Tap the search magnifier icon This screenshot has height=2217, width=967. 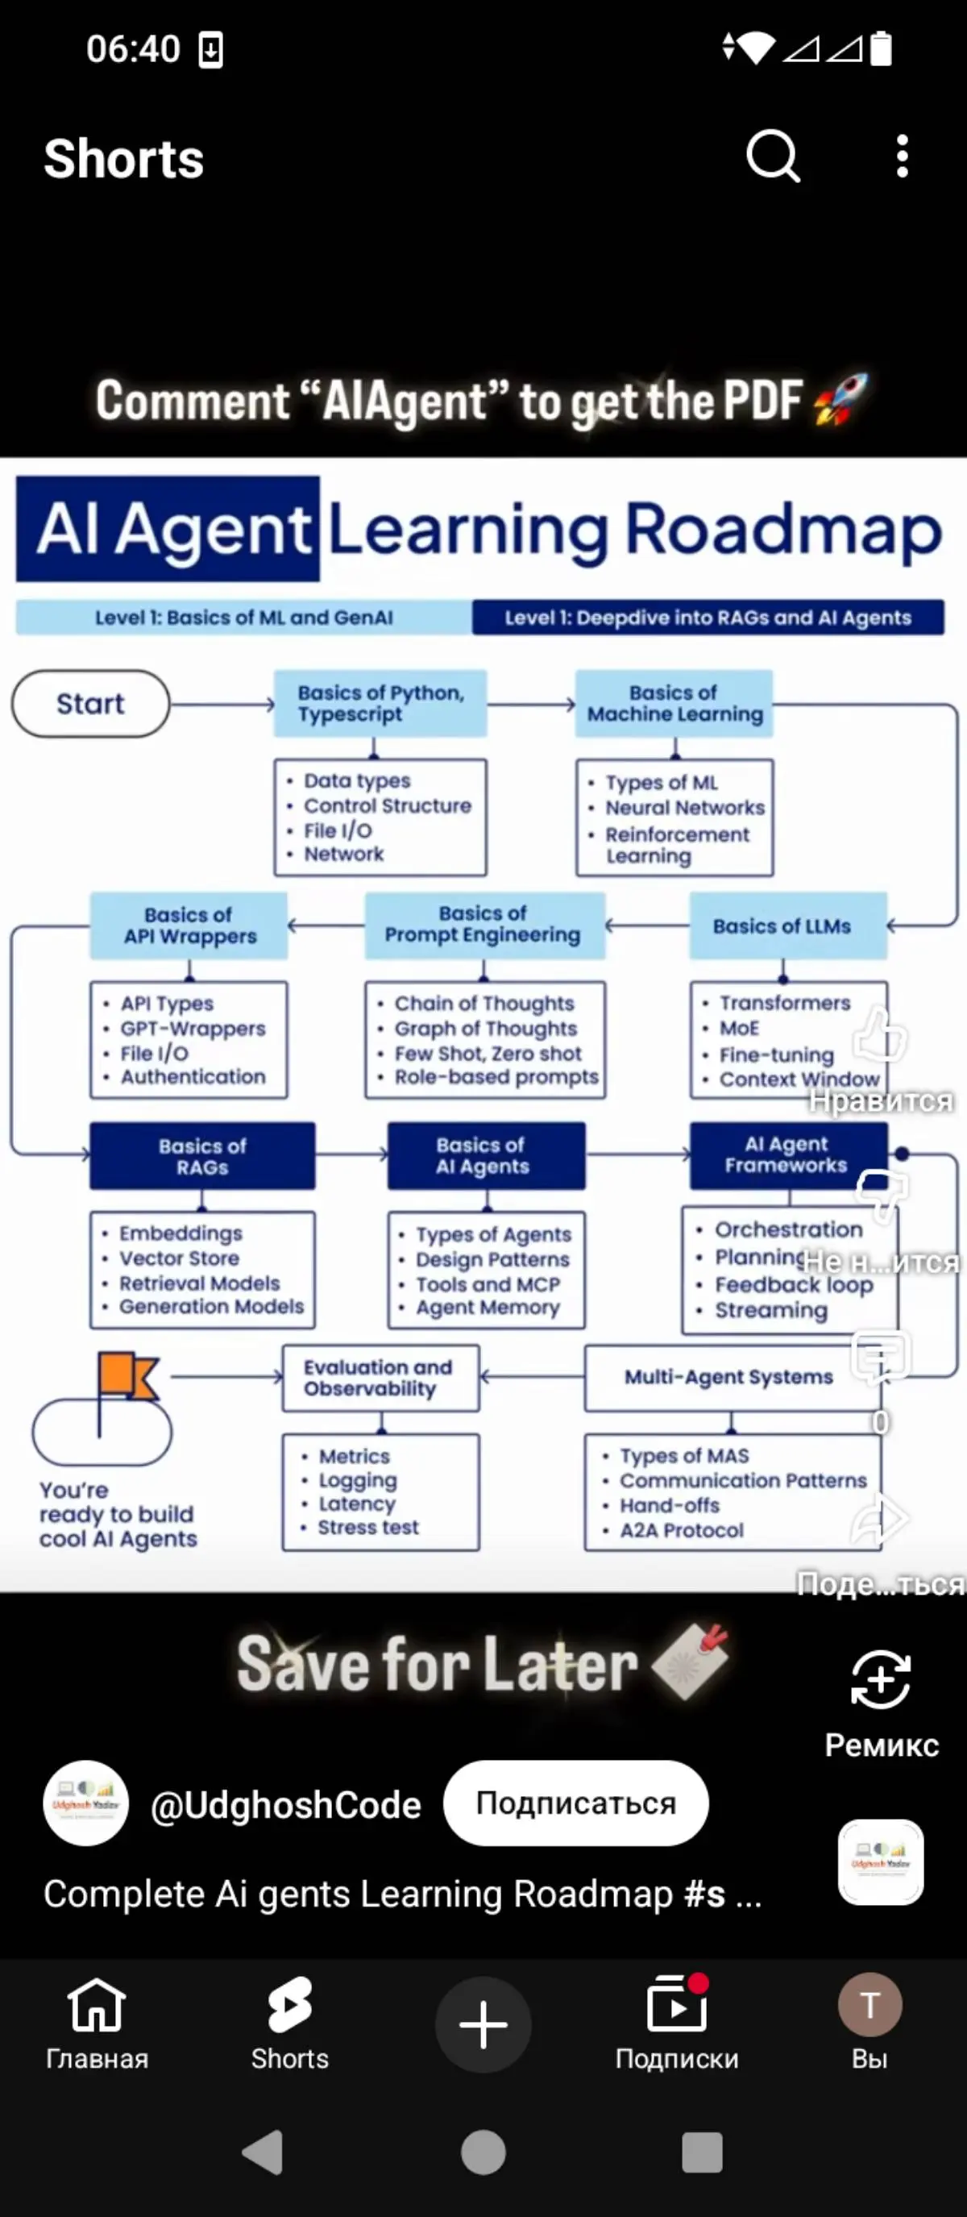773,156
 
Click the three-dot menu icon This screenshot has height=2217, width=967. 902,156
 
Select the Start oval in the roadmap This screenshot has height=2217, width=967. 90,704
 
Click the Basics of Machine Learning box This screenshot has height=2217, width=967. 674,704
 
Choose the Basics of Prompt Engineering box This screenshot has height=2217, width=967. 484,925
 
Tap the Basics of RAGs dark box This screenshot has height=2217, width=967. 202,1156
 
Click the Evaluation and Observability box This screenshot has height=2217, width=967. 380,1378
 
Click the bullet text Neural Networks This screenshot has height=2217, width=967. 685,808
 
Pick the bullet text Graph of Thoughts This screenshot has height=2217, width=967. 485,1029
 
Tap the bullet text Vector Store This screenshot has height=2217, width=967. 179,1258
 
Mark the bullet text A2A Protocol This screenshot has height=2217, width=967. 682,1530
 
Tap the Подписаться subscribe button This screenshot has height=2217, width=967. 575,1803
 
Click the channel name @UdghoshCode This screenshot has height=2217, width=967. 285,1805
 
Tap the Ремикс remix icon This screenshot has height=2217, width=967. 881,1679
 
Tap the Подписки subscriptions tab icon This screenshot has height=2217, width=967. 676,2006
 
